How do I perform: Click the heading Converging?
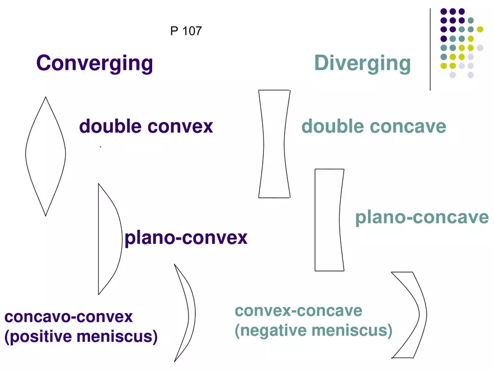point(94,64)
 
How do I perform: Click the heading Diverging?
point(363,64)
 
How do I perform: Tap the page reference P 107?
point(186,31)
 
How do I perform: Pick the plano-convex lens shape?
point(99,239)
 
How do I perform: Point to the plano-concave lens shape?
point(315,220)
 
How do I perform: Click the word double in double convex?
point(110,126)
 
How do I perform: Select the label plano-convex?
point(186,238)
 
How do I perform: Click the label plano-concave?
point(422,218)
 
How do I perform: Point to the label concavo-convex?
point(68,316)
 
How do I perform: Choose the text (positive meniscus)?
point(81,336)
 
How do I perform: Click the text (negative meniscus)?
point(313,331)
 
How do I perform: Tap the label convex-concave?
point(298,311)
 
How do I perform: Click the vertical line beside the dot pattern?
point(430,49)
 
